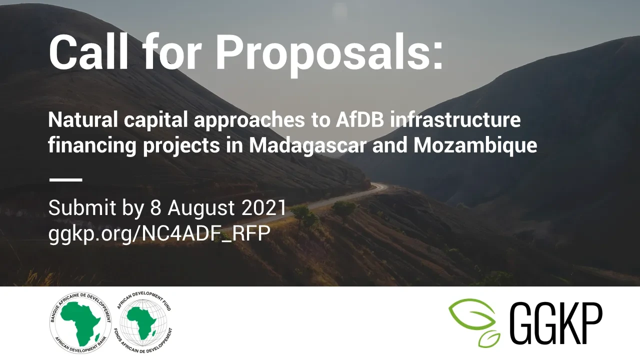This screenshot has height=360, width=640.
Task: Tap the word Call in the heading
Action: (x=89, y=51)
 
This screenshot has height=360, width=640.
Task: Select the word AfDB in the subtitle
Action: (x=360, y=119)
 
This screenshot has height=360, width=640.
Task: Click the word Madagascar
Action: (x=308, y=146)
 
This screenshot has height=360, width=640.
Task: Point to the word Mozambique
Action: (x=475, y=146)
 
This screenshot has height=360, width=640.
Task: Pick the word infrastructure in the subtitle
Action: (x=455, y=119)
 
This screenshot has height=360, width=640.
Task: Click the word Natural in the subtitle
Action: (x=83, y=119)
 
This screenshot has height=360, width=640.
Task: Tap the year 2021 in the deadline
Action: (x=263, y=207)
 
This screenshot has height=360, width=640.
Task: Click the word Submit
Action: (x=82, y=207)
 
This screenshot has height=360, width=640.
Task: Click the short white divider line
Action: (x=65, y=179)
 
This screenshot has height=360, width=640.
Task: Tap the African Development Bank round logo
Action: (x=80, y=323)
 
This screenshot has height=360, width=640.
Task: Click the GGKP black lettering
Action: (x=555, y=323)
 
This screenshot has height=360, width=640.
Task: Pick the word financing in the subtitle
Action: (x=92, y=146)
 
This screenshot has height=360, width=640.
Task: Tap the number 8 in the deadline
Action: (x=155, y=207)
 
